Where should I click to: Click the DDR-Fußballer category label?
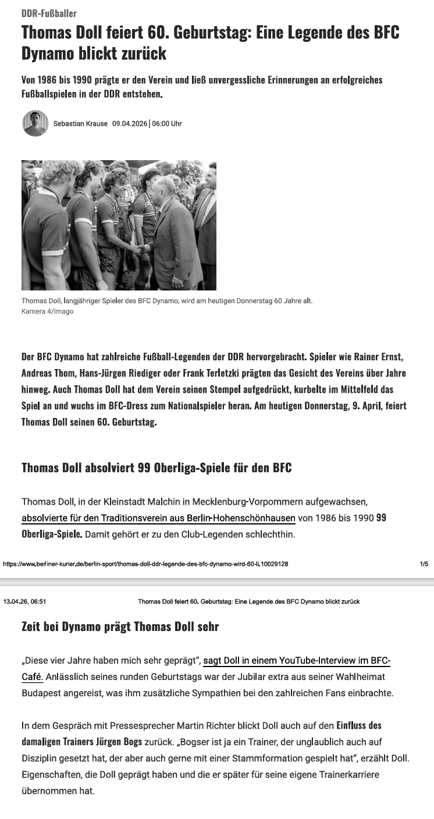click(49, 13)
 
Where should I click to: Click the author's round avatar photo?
click(35, 123)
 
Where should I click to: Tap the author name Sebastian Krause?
click(80, 123)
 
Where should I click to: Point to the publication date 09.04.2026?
click(130, 123)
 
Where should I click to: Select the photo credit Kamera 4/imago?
click(47, 311)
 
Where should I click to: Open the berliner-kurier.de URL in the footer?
click(145, 564)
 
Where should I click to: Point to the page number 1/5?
click(424, 564)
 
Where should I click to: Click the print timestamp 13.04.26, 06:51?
click(25, 601)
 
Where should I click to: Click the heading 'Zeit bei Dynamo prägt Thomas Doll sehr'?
click(120, 627)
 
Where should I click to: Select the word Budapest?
click(42, 693)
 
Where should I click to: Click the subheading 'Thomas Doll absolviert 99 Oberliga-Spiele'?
click(156, 467)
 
